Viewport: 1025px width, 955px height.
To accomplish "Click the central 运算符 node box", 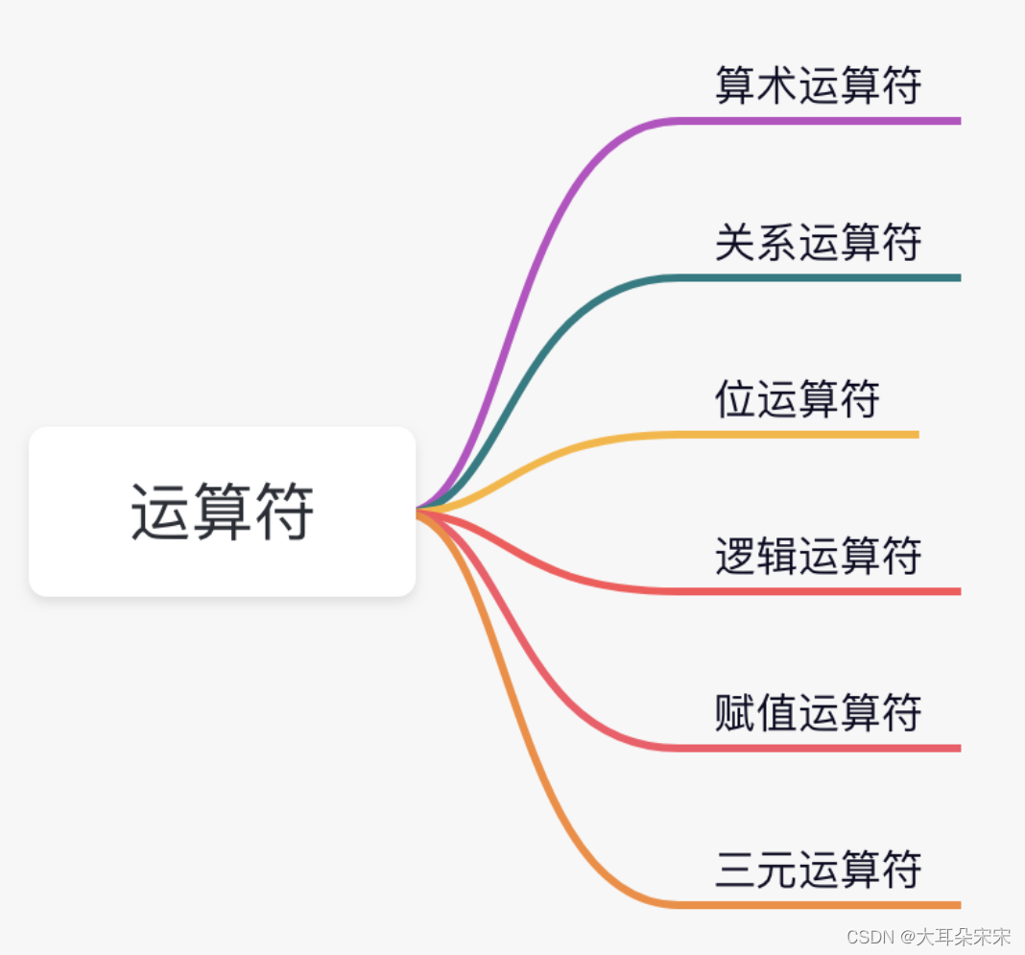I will coord(223,512).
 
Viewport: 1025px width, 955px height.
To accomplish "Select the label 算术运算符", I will coord(818,85).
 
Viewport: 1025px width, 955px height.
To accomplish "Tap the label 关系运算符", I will coord(818,242).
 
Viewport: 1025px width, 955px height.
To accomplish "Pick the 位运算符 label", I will coord(797,398).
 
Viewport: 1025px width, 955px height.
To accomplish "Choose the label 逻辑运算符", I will coord(818,556).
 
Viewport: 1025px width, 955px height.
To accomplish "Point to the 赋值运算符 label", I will coord(818,713).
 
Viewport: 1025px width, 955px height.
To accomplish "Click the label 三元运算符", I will coord(818,870).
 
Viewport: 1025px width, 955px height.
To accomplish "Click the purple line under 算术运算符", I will coord(816,121).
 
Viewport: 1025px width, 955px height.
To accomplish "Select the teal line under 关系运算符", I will coord(816,277).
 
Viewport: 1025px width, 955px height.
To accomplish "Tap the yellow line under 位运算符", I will coord(797,435).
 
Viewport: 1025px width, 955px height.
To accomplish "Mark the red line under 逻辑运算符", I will coord(816,591).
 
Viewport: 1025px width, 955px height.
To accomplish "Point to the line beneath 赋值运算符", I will coord(816,748).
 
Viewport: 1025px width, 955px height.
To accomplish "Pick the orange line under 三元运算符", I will coord(816,905).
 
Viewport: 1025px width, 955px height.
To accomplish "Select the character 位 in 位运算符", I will coord(734,398).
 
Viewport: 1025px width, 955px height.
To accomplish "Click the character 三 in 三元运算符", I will coord(734,870).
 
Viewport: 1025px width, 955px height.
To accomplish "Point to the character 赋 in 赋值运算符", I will coord(734,713).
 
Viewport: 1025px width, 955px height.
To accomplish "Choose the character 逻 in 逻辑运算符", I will coord(734,556).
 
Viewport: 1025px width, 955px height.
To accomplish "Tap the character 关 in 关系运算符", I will coord(734,242).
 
